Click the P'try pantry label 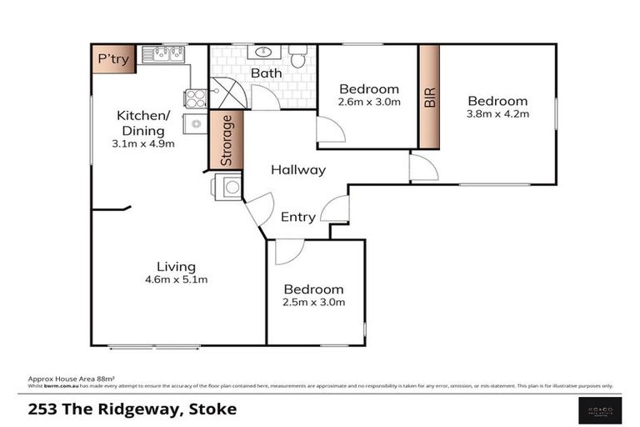coord(112,59)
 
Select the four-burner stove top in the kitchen coord(196,98)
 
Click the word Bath coord(266,73)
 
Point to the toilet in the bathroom coord(298,57)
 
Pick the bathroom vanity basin coord(265,53)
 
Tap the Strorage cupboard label coord(226,140)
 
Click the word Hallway coord(297,170)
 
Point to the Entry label coord(297,218)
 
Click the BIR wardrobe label coord(429,97)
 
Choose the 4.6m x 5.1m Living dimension coord(176,279)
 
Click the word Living coord(176,267)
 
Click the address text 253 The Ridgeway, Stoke coord(132,409)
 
